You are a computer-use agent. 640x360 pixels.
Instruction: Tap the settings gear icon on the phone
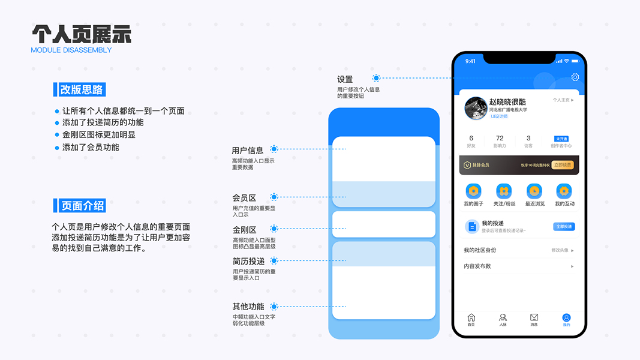coord(575,77)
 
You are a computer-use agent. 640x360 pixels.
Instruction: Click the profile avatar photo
coord(476,108)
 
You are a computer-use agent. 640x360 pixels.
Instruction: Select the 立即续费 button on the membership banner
coord(563,165)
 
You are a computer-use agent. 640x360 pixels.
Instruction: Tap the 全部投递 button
coord(564,227)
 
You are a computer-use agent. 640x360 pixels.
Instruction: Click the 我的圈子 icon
coord(473,191)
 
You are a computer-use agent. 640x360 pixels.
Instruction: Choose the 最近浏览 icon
coord(534,191)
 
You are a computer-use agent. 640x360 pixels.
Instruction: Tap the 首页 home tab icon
coord(471,317)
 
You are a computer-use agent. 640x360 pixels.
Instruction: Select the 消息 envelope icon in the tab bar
coord(534,317)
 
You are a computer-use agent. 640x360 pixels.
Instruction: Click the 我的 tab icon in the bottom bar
coord(566,317)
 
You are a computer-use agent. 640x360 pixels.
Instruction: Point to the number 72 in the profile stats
coord(500,138)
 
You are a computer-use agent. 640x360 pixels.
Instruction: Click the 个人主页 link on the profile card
coord(563,100)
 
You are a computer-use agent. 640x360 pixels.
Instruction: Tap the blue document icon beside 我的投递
coord(472,226)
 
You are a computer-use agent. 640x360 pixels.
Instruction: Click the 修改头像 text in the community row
coord(560,250)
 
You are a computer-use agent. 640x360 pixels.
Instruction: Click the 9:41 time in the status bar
coord(471,61)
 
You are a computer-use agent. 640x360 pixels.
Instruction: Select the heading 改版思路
coord(82,90)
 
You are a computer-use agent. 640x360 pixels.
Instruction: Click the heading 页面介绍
coord(82,206)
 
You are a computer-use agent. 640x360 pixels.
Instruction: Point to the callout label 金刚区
coord(244,230)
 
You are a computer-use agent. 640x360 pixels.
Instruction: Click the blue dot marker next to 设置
coord(376,78)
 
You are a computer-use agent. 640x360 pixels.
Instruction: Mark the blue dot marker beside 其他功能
coord(275,307)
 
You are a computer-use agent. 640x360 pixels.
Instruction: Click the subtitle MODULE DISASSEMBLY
coord(71,50)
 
